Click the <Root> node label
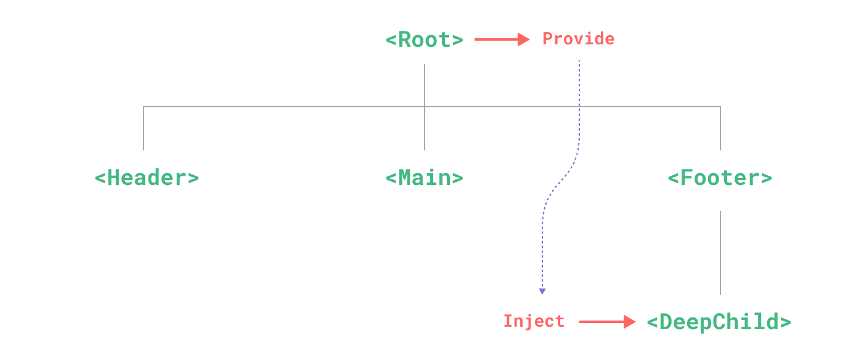tap(425, 39)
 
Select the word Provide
tap(579, 39)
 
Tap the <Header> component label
tap(147, 178)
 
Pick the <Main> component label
tap(425, 178)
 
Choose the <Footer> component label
tap(720, 178)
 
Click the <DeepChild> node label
tap(719, 322)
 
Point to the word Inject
tap(534, 321)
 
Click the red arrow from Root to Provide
tap(502, 39)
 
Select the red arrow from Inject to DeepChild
tap(607, 322)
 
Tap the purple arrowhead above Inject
tap(542, 292)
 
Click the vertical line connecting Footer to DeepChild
tap(720, 253)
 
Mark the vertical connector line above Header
tap(144, 128)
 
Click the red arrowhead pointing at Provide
tap(524, 39)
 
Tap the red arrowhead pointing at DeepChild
tap(630, 322)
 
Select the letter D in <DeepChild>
tap(666, 322)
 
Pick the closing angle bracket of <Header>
tap(194, 178)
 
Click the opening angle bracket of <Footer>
tap(673, 178)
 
